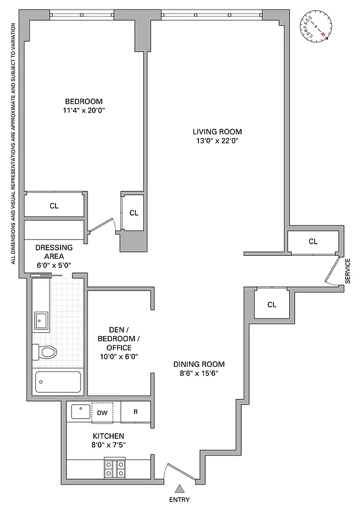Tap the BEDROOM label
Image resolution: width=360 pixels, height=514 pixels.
click(84, 102)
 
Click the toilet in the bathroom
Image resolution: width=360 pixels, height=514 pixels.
click(46, 351)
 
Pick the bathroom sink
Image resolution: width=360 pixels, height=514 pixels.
click(42, 319)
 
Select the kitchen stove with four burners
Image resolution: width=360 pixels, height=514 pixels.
click(114, 468)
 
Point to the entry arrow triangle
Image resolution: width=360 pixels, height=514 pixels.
click(180, 488)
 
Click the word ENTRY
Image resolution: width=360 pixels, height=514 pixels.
click(180, 500)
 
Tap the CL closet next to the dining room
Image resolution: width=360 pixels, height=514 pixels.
click(271, 305)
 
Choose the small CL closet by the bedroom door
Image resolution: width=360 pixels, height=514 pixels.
click(134, 213)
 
